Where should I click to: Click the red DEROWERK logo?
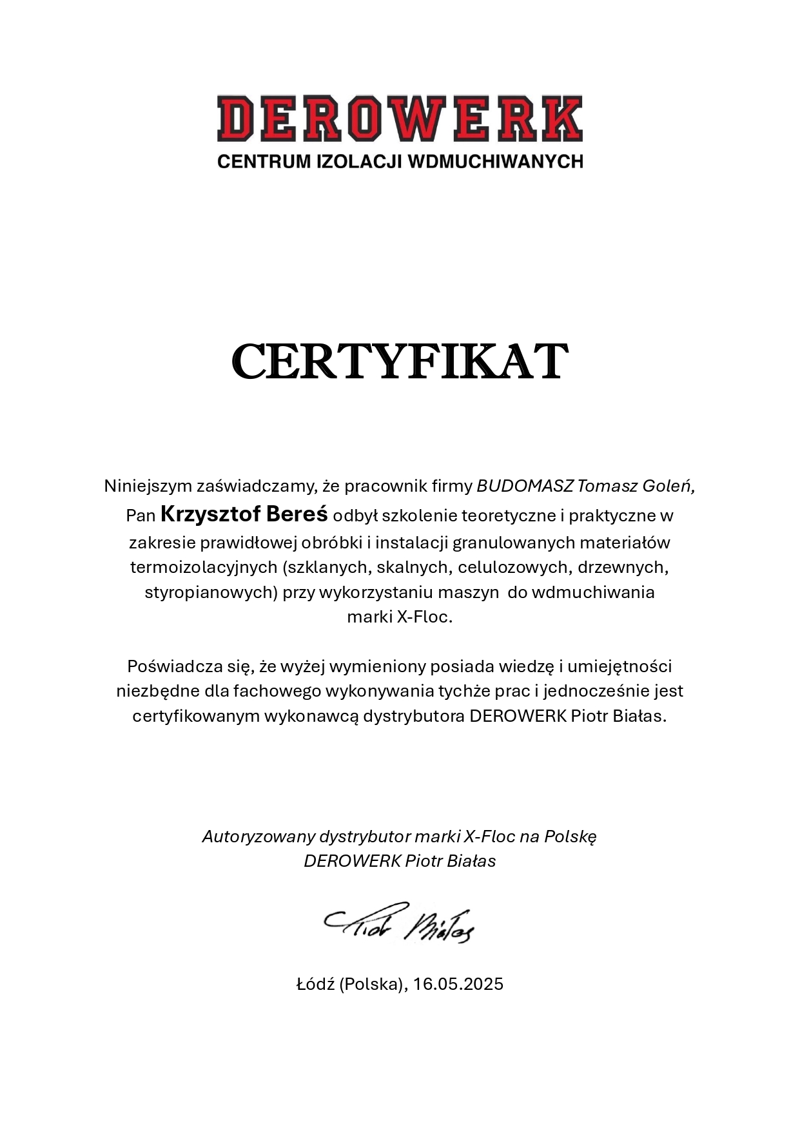pos(400,119)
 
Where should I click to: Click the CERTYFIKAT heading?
pos(400,362)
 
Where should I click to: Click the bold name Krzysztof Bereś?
pos(244,514)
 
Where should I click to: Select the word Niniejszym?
pos(148,486)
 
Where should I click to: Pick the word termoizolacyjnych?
pos(203,567)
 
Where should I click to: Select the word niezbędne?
pos(158,691)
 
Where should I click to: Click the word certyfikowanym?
pos(196,716)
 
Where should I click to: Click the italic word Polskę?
pos(571,836)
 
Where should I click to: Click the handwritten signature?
pos(400,922)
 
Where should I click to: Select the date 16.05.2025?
pos(458,984)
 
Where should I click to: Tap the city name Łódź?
pos(315,984)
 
